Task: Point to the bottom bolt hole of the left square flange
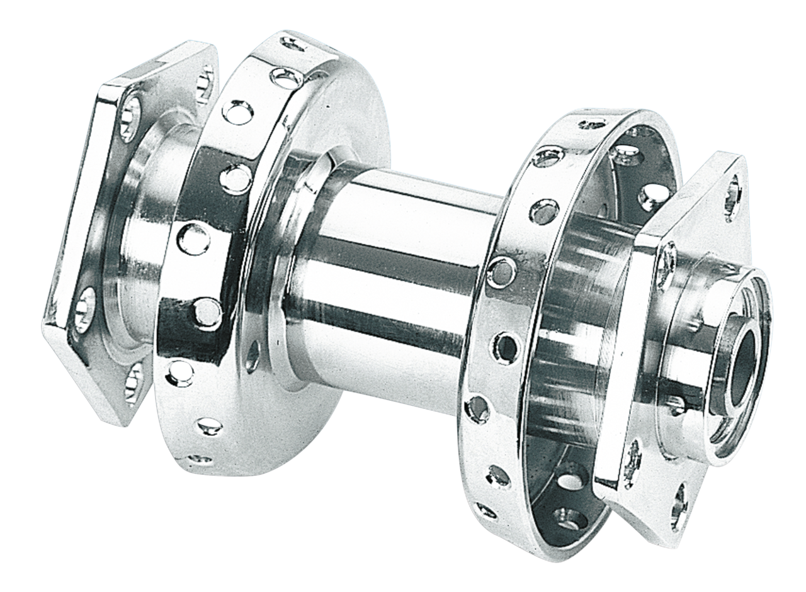[133, 381]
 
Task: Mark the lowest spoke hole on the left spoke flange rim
[200, 459]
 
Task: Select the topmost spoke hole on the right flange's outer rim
[592, 123]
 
